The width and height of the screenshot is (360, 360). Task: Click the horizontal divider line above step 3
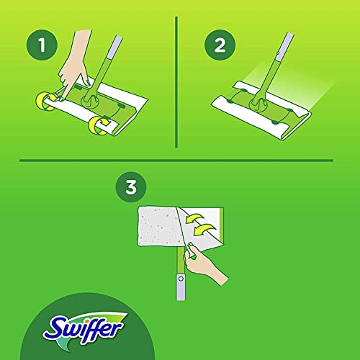pos(180,159)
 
